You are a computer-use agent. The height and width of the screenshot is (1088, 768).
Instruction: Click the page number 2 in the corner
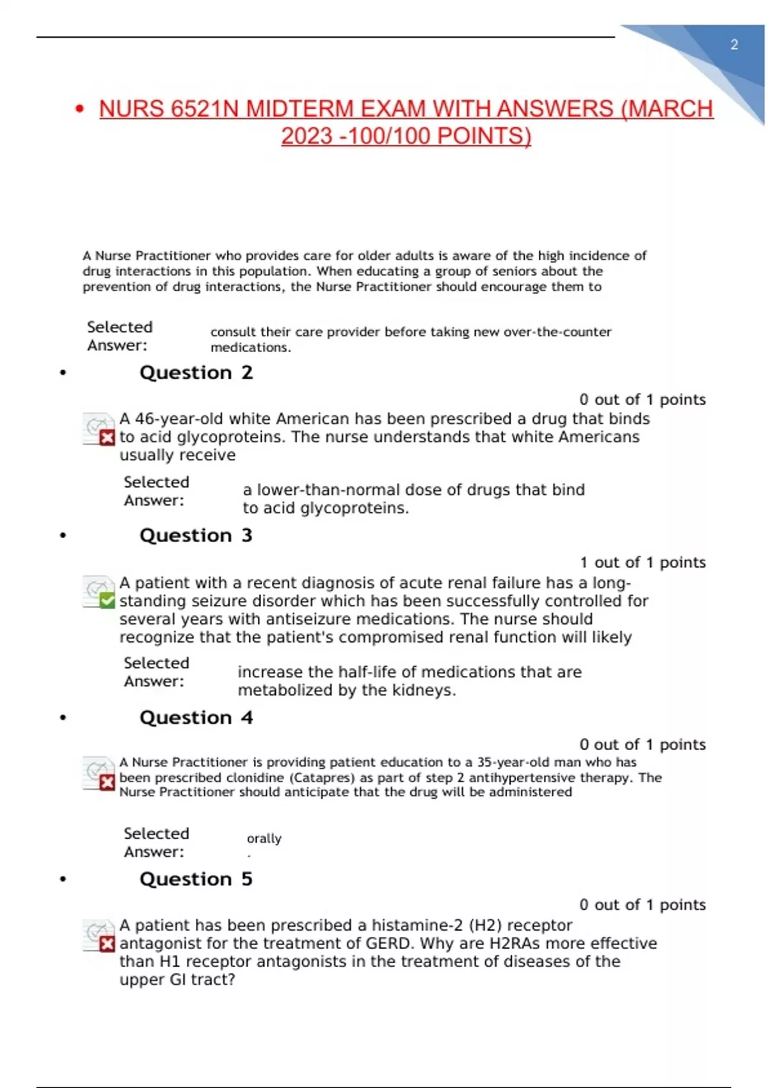click(x=734, y=45)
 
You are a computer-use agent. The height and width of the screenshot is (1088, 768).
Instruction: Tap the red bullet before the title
click(x=80, y=109)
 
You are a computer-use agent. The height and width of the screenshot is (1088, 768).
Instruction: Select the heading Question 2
click(x=196, y=372)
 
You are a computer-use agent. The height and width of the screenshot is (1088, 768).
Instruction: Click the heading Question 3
click(x=196, y=535)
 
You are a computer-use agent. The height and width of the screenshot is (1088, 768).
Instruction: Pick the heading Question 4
click(x=196, y=717)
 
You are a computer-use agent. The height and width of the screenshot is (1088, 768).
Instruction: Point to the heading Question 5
click(x=196, y=879)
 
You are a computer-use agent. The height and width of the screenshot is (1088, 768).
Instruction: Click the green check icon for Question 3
click(x=108, y=600)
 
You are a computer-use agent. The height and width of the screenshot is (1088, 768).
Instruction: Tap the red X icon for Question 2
click(x=108, y=438)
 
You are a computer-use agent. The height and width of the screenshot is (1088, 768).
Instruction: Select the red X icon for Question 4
click(x=108, y=782)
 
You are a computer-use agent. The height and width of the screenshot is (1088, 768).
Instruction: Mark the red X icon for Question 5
click(x=108, y=944)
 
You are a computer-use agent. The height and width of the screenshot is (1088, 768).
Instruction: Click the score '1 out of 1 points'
click(x=643, y=563)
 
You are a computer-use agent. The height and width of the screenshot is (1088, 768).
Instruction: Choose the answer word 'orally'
click(x=264, y=838)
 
